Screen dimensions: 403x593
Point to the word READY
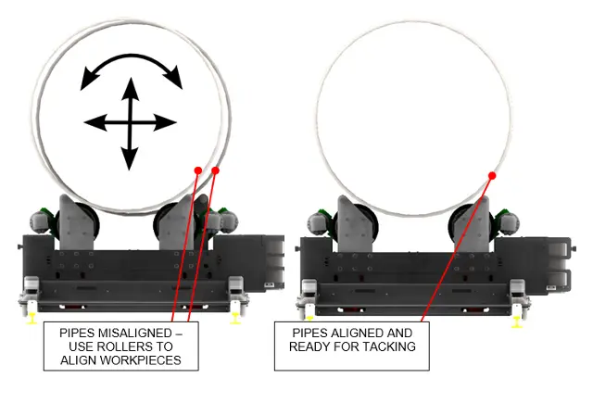coord(313,346)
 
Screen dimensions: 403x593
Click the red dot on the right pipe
coord(493,174)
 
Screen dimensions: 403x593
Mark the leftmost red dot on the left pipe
coord(197,170)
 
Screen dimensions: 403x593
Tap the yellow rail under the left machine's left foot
coord(32,318)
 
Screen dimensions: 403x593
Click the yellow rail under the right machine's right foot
coord(516,321)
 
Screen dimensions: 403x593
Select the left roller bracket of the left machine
coord(76,222)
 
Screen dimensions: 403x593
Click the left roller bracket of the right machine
coord(355,222)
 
